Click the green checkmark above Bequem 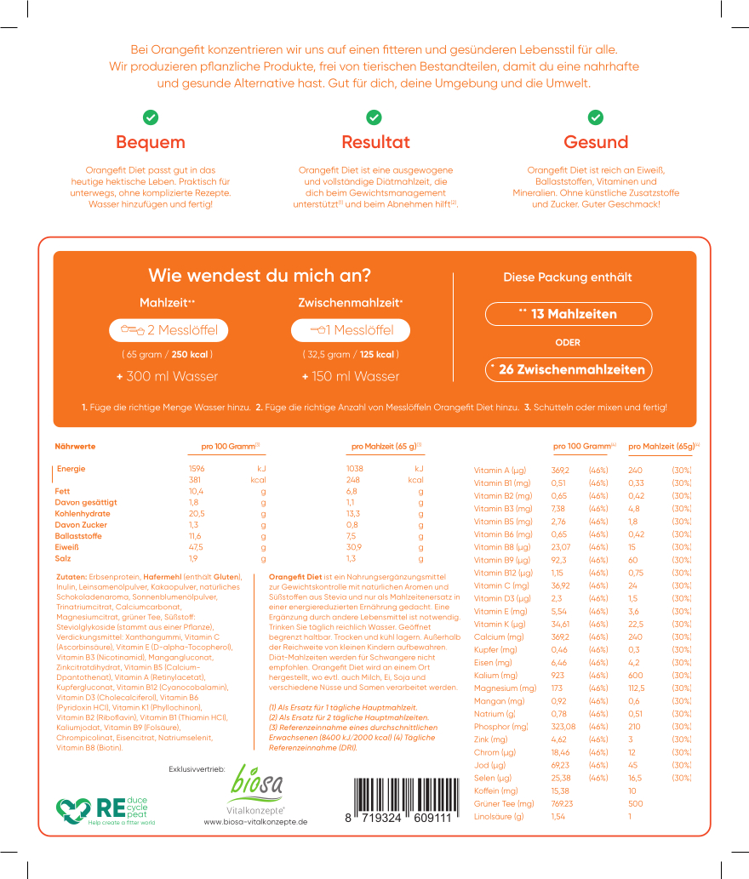tap(151, 117)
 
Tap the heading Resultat tap(375, 142)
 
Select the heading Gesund tap(596, 142)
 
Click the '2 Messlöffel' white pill tap(169, 330)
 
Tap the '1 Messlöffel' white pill tap(350, 330)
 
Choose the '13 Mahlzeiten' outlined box tap(569, 314)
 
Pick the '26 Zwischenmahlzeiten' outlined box tap(569, 369)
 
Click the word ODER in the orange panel tap(568, 342)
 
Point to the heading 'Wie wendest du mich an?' tap(260, 276)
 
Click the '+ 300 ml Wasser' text tap(168, 376)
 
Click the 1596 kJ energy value tap(197, 469)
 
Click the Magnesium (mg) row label tap(505, 688)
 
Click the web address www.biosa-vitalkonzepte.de tap(255, 822)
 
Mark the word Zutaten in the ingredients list tap(71, 576)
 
